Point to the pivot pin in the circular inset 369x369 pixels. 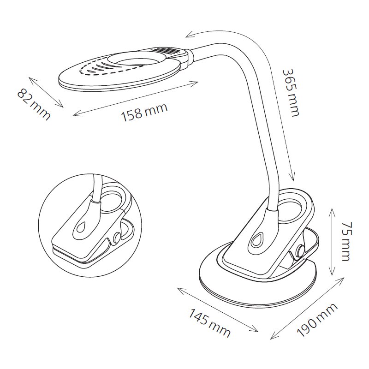click(117, 237)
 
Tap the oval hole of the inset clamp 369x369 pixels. click(112, 199)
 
